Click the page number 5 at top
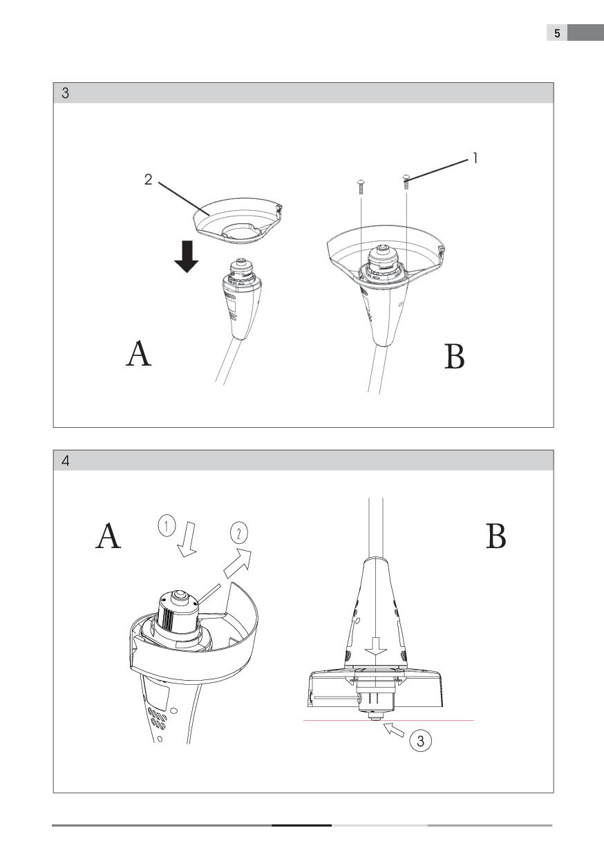[557, 33]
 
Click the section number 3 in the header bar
[66, 93]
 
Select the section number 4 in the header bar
[66, 461]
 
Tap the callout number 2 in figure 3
[148, 180]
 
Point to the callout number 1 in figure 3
[475, 158]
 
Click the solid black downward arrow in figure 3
[187, 256]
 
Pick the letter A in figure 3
[138, 354]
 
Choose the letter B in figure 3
[455, 357]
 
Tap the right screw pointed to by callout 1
[406, 181]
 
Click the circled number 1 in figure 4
[167, 526]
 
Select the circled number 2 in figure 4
[239, 533]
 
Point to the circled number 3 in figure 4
[420, 741]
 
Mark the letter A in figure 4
[108, 536]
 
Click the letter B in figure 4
[496, 536]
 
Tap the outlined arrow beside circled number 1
[187, 540]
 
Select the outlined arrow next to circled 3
[394, 729]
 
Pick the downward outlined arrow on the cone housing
[376, 646]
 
